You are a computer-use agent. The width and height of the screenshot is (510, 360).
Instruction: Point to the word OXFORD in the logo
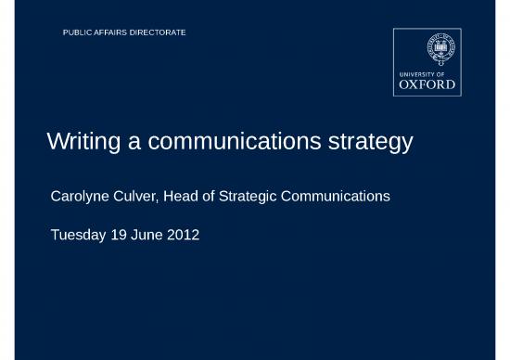click(427, 84)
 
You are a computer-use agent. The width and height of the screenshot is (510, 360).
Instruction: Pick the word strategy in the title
click(370, 144)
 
